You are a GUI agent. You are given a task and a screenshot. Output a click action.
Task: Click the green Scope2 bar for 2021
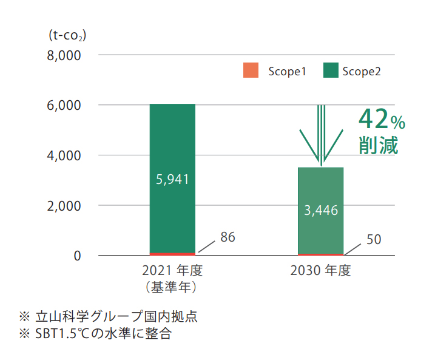coord(172,140)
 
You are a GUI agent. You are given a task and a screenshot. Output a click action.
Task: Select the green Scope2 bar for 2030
coord(320,188)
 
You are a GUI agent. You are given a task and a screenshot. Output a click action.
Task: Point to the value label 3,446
coord(320,211)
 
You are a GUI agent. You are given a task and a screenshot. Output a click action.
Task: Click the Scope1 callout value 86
coord(228,237)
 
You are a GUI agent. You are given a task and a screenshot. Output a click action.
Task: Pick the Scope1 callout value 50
coord(374,240)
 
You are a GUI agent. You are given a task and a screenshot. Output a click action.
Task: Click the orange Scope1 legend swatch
coord(251,70)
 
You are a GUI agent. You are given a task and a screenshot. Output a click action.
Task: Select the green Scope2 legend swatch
coord(331,70)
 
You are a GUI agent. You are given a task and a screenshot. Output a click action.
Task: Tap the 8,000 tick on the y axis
coord(64,55)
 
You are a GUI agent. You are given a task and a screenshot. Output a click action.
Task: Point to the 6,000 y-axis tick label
coord(64,106)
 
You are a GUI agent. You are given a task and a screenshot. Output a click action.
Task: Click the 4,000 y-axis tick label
coord(64,155)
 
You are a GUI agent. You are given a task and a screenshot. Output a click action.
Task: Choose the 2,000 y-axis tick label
coord(64,206)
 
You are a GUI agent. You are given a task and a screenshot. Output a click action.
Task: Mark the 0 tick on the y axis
coord(77,256)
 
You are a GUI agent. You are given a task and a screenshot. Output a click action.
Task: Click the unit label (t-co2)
coord(67,36)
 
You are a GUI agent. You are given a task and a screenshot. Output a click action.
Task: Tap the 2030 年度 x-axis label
coord(320,271)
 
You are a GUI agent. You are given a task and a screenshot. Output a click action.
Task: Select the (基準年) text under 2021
coord(172,285)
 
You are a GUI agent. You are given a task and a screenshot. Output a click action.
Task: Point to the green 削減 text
coord(378,146)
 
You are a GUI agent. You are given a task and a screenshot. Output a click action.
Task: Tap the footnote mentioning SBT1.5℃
coord(103,333)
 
